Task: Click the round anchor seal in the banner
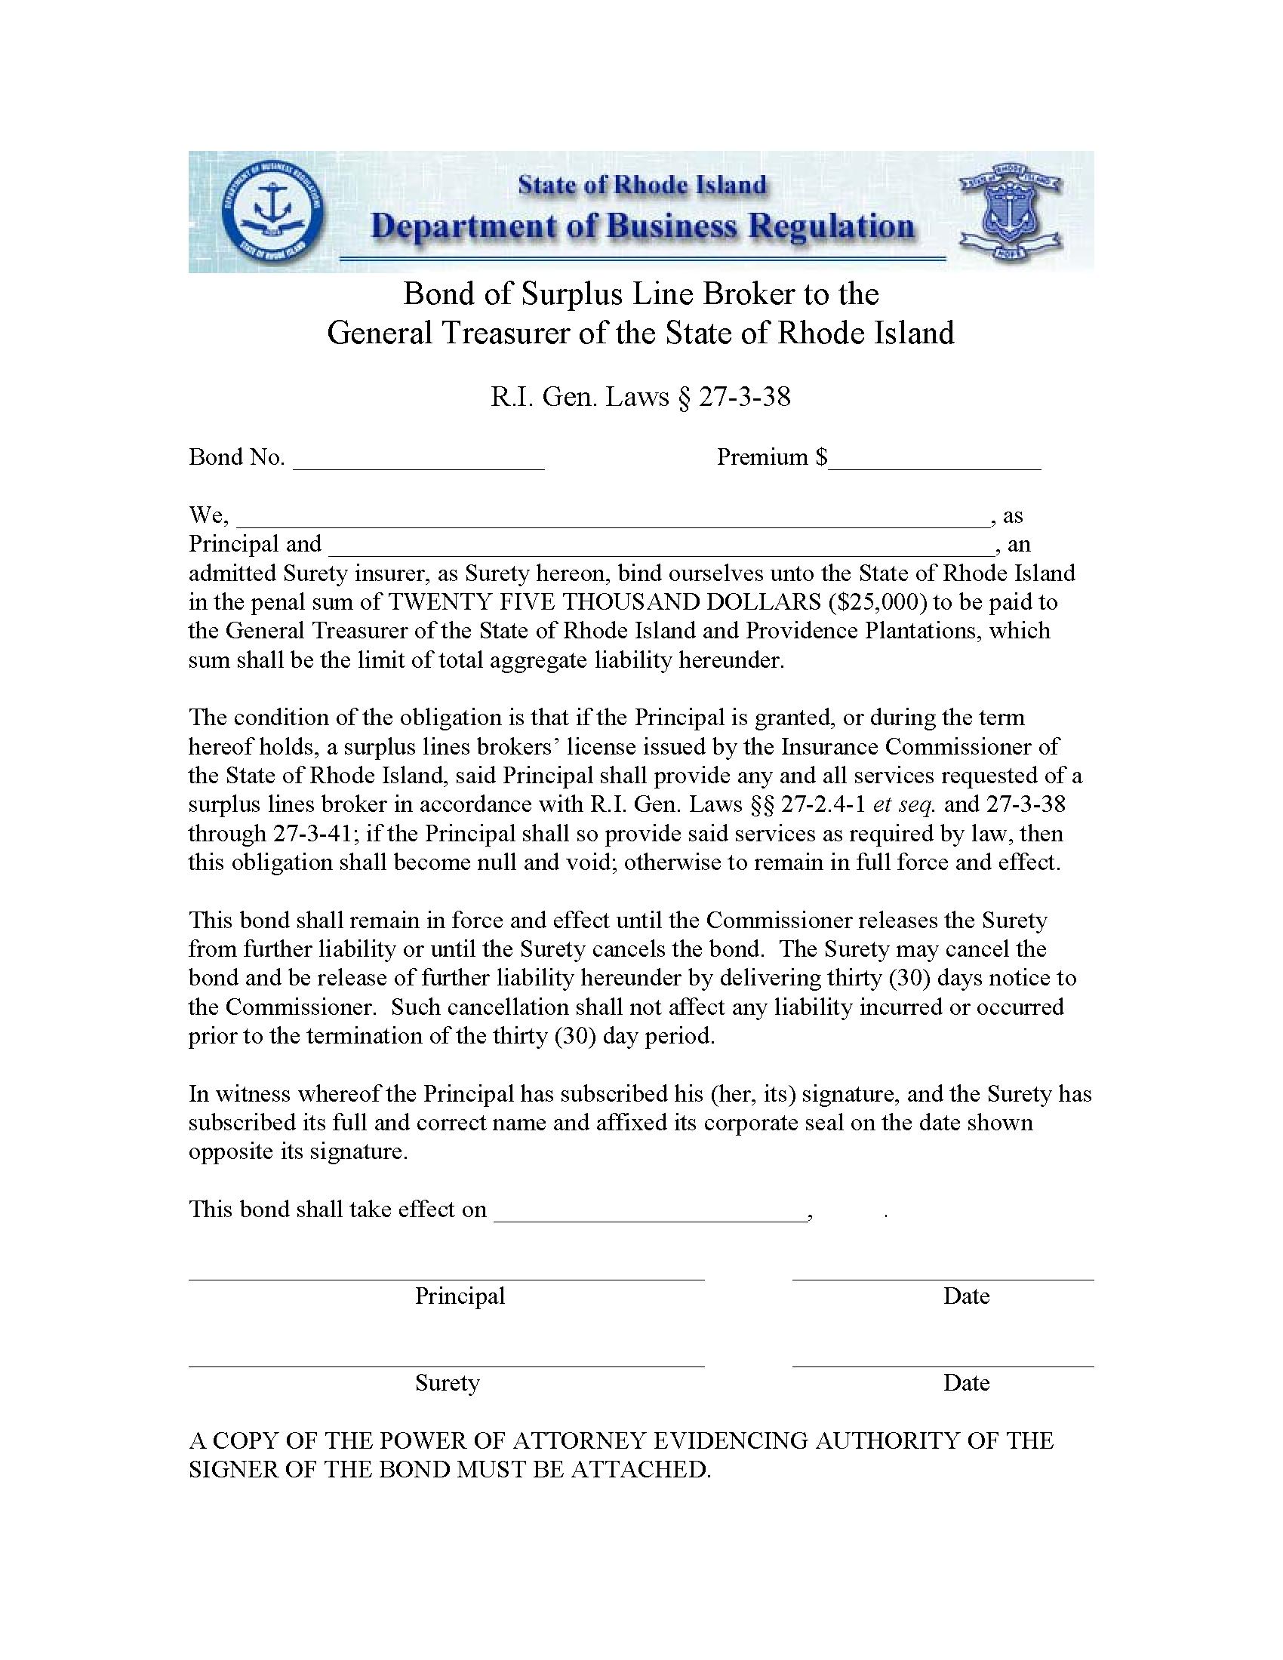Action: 272,211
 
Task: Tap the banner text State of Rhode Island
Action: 642,185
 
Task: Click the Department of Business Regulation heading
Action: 642,226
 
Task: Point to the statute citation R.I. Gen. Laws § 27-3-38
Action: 641,397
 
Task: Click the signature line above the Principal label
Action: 446,1278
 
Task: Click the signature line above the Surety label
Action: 446,1365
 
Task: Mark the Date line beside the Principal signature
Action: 943,1278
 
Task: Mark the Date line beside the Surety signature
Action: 943,1365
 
